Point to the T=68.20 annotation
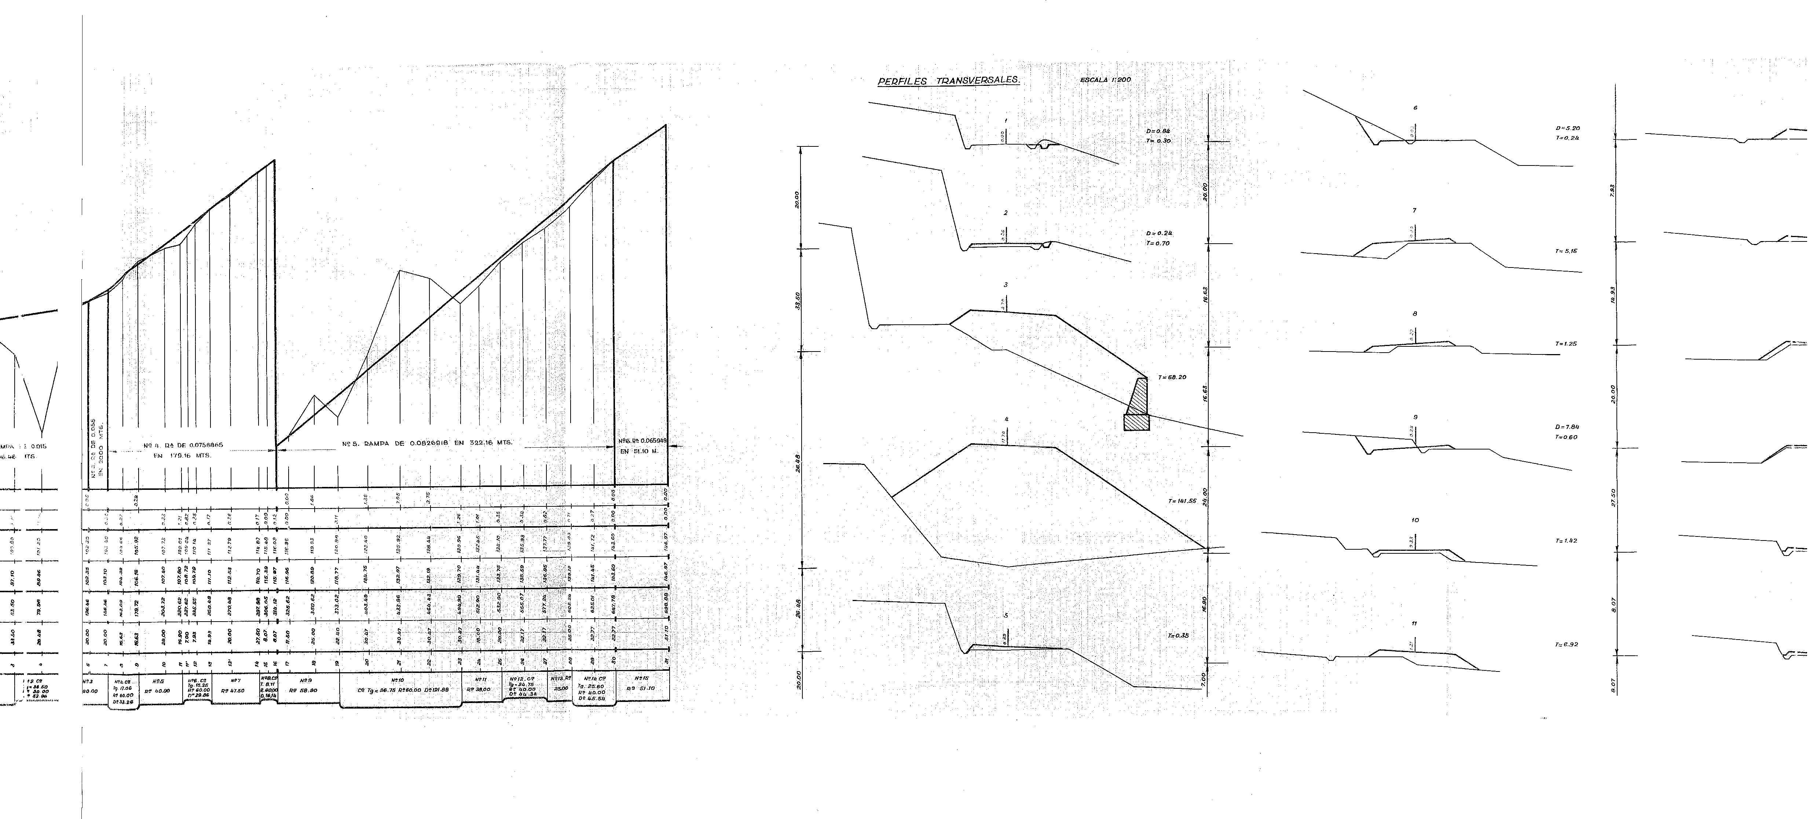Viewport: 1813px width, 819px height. point(1172,378)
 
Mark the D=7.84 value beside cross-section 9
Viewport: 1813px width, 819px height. point(1567,427)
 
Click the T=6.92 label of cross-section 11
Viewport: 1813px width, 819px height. point(1566,644)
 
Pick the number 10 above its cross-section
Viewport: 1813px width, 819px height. point(1415,520)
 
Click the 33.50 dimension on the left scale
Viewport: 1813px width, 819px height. point(798,300)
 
